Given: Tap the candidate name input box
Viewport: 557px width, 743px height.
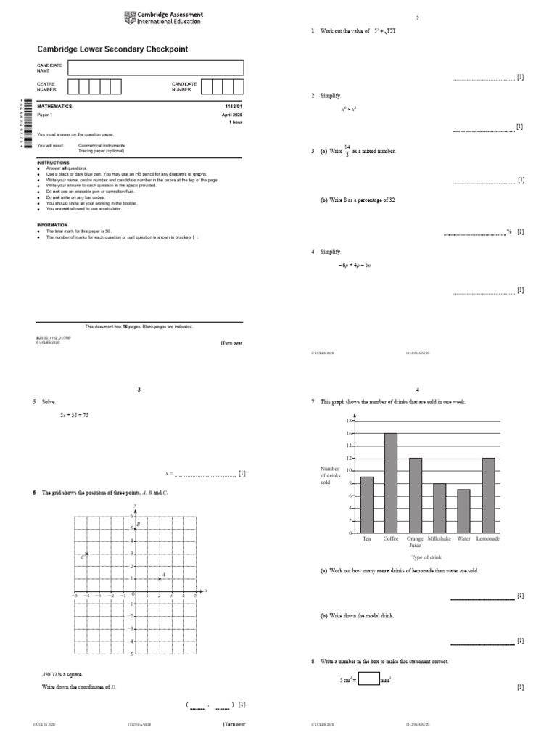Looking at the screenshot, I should pos(155,67).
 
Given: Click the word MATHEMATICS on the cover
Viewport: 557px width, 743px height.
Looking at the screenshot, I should pos(55,107).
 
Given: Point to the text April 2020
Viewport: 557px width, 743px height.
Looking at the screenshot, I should pos(231,115).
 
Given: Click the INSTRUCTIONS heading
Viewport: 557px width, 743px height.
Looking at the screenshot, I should pos(54,163).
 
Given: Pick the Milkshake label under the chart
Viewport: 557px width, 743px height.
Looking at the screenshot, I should pos(440,538).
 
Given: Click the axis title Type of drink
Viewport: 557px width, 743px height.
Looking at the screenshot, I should pos(426,557).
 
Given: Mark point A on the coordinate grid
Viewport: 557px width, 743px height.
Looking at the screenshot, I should pos(160,579).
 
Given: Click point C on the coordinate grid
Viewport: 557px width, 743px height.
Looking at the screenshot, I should pos(86,554).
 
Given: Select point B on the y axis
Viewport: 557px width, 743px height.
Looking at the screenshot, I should pos(134,528).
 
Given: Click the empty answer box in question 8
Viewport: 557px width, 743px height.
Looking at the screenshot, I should pos(368,681).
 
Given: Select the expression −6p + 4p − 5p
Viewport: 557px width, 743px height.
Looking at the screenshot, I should pos(354,266).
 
